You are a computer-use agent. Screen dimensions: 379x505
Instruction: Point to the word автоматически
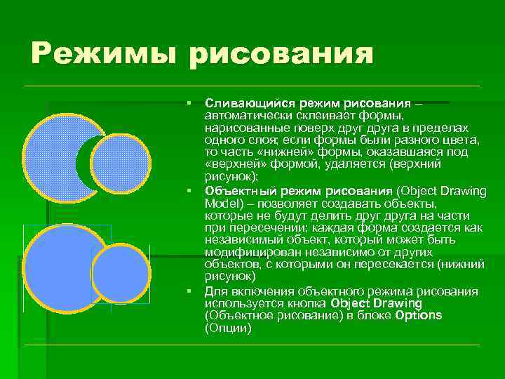(x=241, y=114)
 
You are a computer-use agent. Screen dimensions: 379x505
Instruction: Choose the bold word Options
(x=419, y=316)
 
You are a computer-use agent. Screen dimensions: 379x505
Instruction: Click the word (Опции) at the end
(x=228, y=327)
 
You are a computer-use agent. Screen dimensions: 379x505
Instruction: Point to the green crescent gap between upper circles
(x=82, y=165)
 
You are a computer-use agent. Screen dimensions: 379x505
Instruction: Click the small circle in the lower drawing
(x=120, y=274)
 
